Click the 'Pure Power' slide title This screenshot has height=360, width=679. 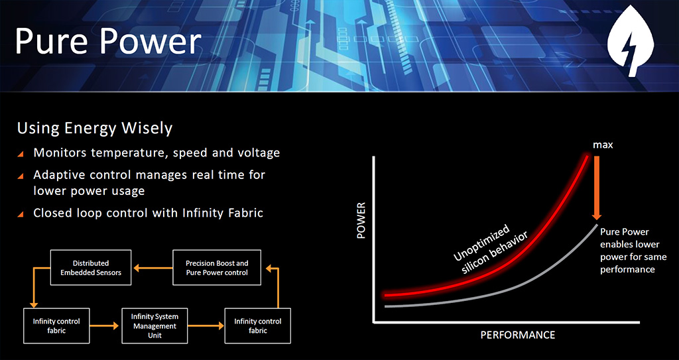pos(108,42)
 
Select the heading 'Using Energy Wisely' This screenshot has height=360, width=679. pos(95,129)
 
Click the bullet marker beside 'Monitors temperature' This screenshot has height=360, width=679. pos(21,154)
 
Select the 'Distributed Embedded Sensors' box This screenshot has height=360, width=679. pos(90,268)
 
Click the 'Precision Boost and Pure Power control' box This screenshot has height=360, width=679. pos(217,268)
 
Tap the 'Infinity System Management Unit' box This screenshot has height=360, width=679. pos(154,326)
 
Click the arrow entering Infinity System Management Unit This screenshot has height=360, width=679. pos(104,326)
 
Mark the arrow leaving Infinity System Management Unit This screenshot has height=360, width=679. pos(206,326)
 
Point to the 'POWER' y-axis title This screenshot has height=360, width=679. pos(361,221)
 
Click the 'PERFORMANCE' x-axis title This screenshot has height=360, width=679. pos(517,335)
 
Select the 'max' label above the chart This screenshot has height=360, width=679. pos(603,145)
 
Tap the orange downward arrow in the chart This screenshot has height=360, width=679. pos(597,188)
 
